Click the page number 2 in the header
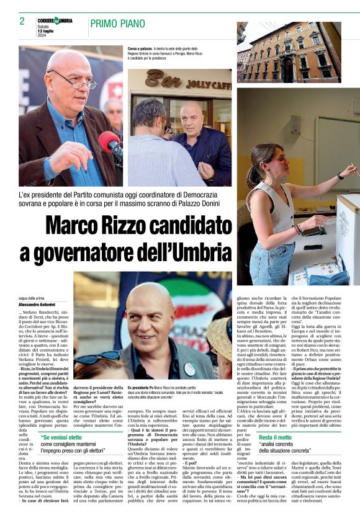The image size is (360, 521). pyautogui.click(x=22, y=21)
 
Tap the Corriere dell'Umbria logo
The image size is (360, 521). pyautogui.click(x=55, y=20)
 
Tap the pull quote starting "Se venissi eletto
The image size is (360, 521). pyautogui.click(x=61, y=438)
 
